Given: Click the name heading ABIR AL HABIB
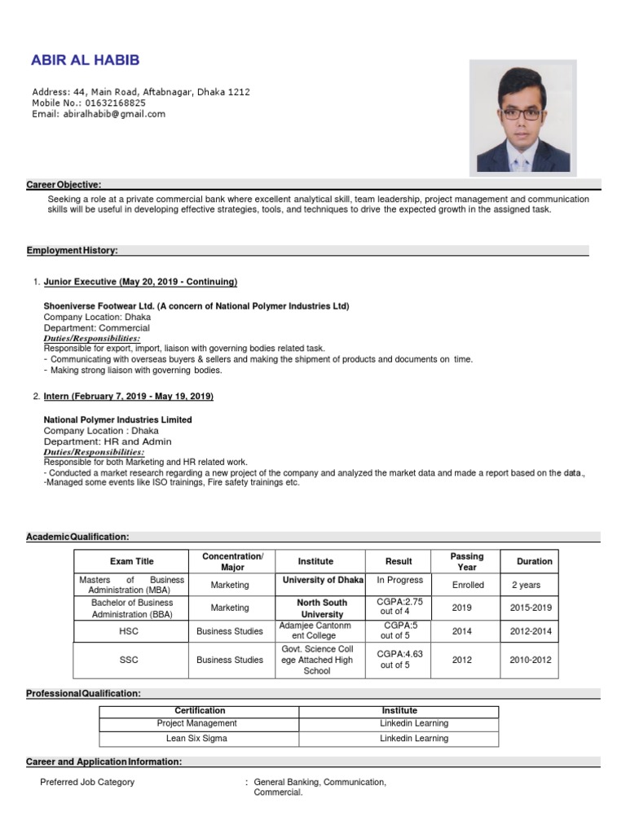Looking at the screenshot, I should tap(85, 60).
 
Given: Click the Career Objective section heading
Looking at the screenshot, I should tap(64, 185).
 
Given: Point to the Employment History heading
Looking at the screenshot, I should tap(72, 250).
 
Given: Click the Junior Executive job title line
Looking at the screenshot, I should tap(140, 282).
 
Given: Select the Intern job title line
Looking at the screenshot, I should tap(128, 396).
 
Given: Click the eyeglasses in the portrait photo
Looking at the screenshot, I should tap(521, 114).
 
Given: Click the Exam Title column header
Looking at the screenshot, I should tap(131, 561).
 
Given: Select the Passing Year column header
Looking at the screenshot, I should tap(467, 561).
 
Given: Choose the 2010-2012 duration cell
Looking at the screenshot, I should tap(531, 660).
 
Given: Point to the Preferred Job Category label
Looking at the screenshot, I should tap(88, 782).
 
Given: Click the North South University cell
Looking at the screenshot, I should tap(322, 608).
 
